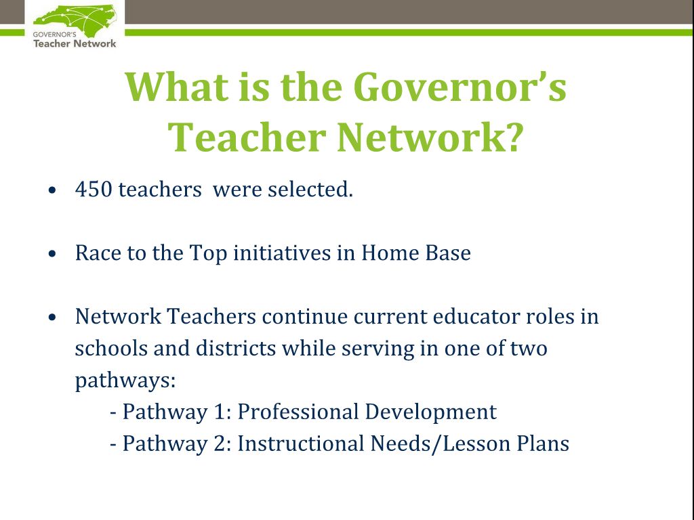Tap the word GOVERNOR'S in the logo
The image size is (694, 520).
[x=54, y=34]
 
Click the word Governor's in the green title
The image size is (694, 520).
[x=460, y=87]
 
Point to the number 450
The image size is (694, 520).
[x=94, y=190]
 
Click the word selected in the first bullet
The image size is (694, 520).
[x=310, y=190]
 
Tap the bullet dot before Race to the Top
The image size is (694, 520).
[x=53, y=254]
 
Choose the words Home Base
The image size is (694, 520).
[x=416, y=253]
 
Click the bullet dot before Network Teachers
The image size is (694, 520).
[x=53, y=317]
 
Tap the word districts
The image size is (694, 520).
[x=236, y=349]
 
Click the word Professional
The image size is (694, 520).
[x=298, y=412]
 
